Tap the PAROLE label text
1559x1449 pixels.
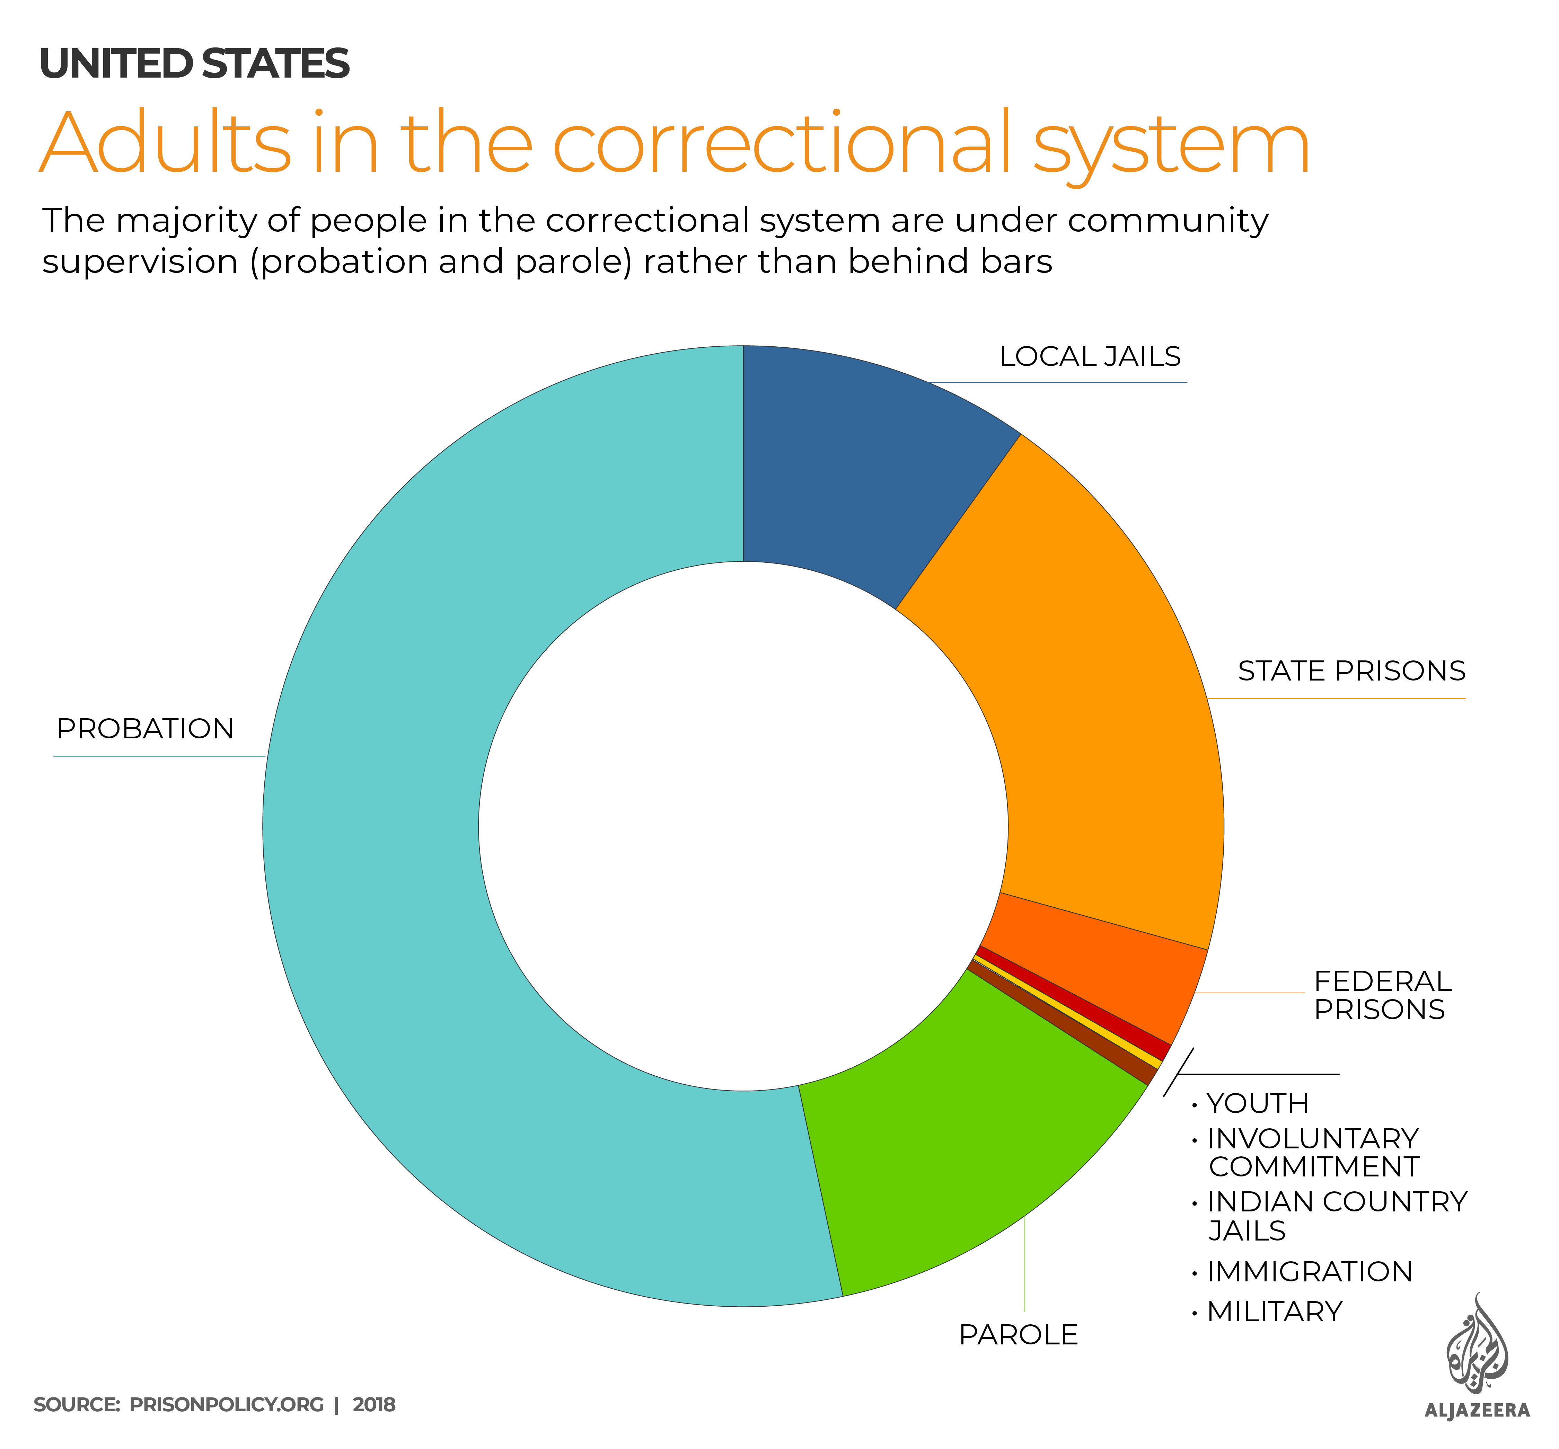[x=1018, y=1334]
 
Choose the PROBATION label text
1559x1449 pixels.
[x=145, y=729]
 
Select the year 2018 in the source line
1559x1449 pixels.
[x=374, y=1404]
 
